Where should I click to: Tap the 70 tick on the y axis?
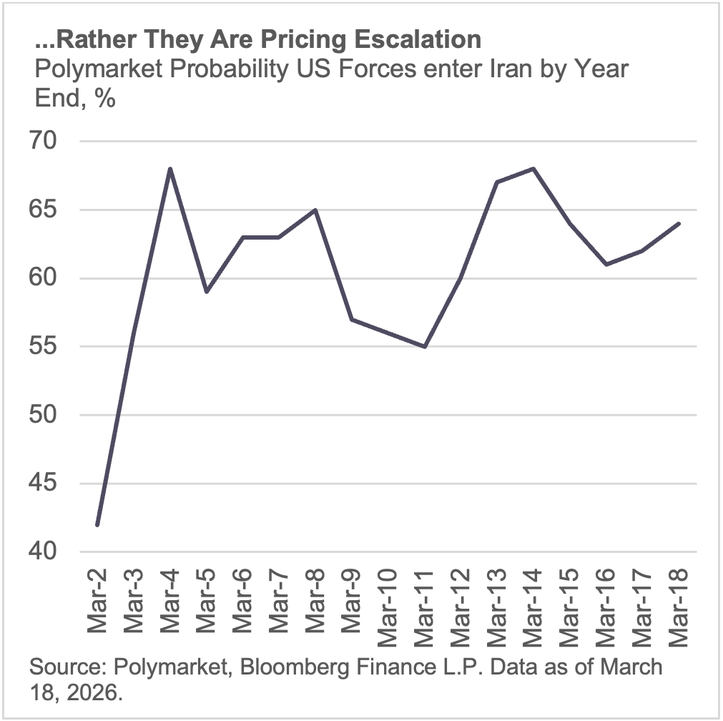pos(54,142)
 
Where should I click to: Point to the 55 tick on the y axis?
pos(54,347)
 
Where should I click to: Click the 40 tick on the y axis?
pos(54,552)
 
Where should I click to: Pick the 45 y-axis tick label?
pos(54,484)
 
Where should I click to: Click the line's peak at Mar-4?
pos(170,169)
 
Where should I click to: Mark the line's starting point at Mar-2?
pos(97,525)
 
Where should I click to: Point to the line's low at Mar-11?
pos(425,347)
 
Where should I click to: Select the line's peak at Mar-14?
pos(534,169)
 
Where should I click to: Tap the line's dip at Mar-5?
pos(207,292)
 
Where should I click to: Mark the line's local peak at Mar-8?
pos(315,210)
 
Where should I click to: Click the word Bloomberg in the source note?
pos(276,667)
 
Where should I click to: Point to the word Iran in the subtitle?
pos(457,69)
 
